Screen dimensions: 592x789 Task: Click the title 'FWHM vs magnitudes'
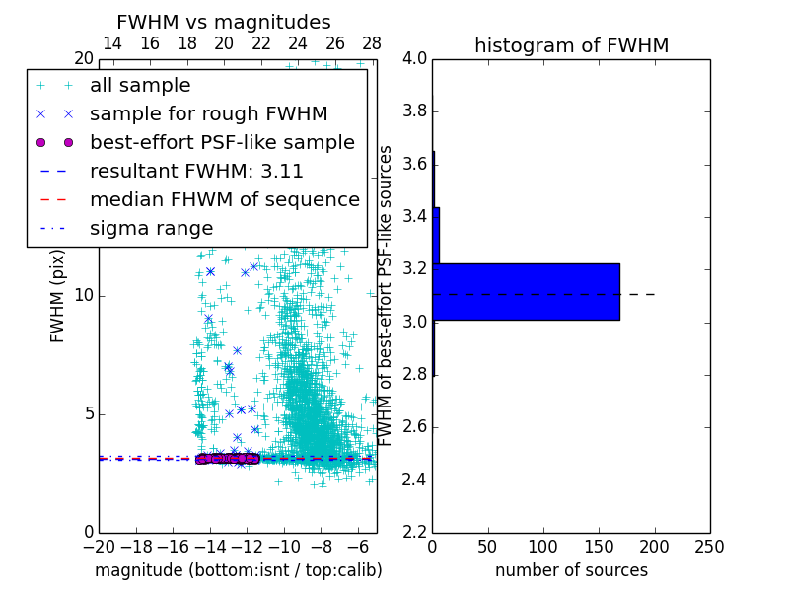[224, 22]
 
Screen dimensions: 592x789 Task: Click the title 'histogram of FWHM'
[571, 45]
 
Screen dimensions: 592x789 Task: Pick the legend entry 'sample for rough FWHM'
[208, 114]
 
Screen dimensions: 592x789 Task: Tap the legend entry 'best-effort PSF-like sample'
[222, 142]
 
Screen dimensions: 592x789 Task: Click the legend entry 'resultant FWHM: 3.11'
[197, 171]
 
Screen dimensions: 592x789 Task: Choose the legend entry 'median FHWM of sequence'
[224, 199]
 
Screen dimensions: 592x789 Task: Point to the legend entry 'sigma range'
[151, 228]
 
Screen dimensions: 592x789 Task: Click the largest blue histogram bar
[526, 291]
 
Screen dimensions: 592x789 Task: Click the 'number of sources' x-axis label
[571, 570]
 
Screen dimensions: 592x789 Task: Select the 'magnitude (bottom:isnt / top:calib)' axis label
[238, 570]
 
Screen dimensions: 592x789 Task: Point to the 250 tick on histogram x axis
[709, 547]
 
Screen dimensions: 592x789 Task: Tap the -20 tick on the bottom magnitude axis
[99, 547]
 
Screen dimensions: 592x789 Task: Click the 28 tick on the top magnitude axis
[372, 44]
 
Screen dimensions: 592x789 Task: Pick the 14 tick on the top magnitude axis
[112, 44]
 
